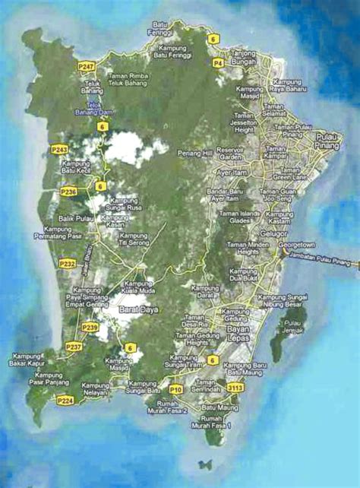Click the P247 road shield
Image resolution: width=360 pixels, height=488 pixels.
[86, 68]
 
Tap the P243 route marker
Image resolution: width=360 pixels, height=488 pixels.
[58, 149]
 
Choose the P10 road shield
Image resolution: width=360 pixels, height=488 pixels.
[176, 388]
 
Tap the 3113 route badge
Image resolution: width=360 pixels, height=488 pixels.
[236, 388]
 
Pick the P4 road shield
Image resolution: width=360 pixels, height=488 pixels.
[218, 63]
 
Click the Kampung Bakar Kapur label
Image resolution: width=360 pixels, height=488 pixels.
[29, 360]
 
